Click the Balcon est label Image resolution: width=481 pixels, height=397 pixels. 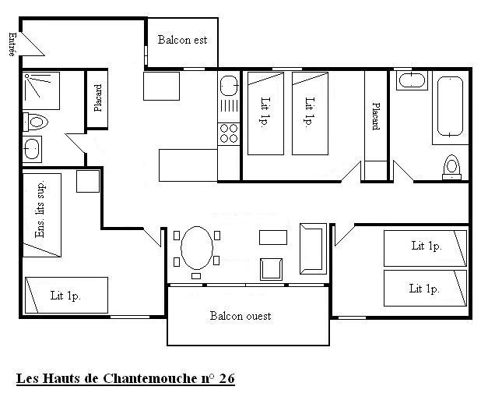(182, 40)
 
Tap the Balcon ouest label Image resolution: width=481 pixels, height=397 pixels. (240, 316)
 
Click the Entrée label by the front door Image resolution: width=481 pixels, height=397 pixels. (12, 44)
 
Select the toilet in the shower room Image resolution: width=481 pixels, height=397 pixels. (36, 122)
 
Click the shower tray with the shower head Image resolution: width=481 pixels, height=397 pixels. (41, 90)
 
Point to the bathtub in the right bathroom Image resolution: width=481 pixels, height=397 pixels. (450, 106)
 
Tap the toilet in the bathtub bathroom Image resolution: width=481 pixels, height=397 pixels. (451, 167)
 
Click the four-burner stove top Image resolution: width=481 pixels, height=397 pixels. (229, 133)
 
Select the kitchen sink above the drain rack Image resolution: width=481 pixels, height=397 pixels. (229, 86)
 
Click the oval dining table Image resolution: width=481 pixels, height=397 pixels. (197, 248)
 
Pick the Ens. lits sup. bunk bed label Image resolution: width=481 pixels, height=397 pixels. (40, 209)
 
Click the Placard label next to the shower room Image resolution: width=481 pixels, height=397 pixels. (98, 98)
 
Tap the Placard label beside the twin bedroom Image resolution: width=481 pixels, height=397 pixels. (376, 116)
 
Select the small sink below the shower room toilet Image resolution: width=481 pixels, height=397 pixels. (32, 149)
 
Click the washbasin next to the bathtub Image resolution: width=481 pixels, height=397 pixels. (412, 80)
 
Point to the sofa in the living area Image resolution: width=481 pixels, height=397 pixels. (313, 249)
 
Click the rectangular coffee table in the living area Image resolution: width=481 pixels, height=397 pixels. (273, 237)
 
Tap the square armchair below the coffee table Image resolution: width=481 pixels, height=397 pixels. (271, 269)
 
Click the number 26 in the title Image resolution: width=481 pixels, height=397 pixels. (227, 378)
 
